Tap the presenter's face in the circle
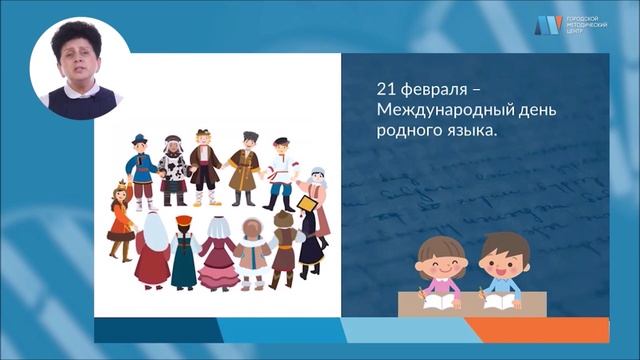click(81, 62)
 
